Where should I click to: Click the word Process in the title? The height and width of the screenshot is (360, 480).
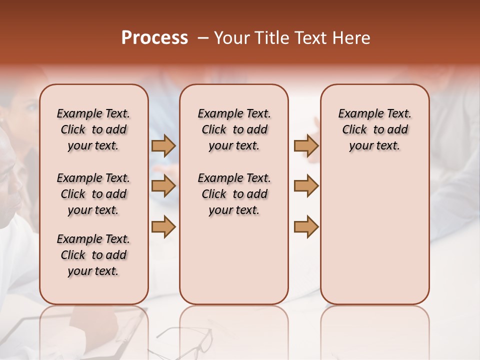[x=154, y=38]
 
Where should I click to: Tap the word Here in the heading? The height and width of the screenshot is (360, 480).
[x=353, y=38]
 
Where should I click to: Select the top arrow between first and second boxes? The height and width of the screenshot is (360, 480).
[x=163, y=146]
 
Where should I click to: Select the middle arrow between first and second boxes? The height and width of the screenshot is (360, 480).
[x=163, y=186]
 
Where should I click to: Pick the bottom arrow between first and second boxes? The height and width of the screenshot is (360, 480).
[x=163, y=226]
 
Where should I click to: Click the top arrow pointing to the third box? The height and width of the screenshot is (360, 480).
[x=306, y=146]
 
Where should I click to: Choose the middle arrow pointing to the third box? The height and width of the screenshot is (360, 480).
[x=306, y=186]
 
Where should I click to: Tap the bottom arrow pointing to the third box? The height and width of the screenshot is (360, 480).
[x=306, y=226]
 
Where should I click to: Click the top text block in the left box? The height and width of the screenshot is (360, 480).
[x=93, y=129]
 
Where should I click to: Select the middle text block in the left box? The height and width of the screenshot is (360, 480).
[x=93, y=194]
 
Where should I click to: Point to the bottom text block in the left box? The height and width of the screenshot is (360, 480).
[x=93, y=255]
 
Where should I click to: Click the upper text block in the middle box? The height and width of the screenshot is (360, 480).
[x=234, y=129]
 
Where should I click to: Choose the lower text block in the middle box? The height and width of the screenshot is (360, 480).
[x=234, y=194]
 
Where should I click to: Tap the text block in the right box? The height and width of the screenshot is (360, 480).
[x=374, y=129]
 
